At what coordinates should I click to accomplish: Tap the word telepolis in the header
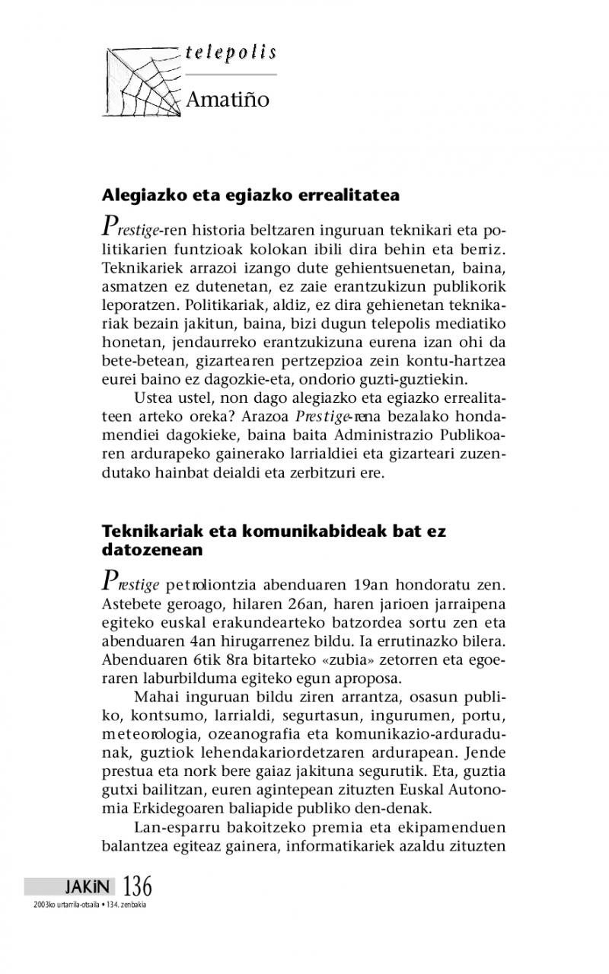(x=230, y=53)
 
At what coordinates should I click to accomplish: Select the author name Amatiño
(x=228, y=100)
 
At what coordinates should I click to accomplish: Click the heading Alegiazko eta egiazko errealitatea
(x=250, y=195)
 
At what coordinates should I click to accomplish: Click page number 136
(x=137, y=886)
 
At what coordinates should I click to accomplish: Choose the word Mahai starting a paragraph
(x=155, y=696)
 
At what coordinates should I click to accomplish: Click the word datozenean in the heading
(x=152, y=548)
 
